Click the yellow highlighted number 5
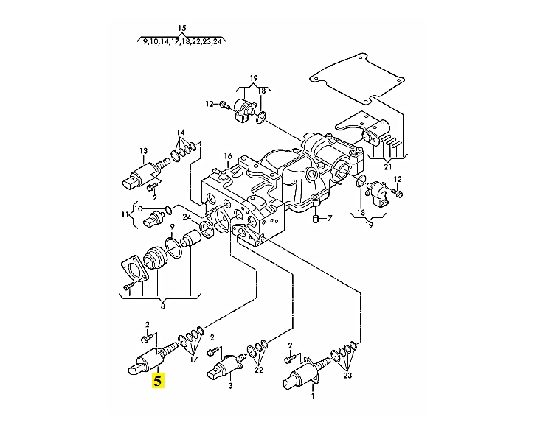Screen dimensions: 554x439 click(158, 381)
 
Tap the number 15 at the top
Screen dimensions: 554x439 click(181, 28)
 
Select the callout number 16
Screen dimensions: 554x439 click(228, 156)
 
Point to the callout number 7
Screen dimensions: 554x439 click(330, 219)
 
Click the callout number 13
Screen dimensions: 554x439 click(143, 151)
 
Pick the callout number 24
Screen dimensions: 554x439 click(187, 217)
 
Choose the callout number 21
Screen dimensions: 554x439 click(388, 167)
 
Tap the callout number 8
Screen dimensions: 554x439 click(162, 306)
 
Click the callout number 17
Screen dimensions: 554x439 click(193, 359)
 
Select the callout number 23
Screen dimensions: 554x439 click(347, 376)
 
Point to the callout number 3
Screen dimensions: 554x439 click(230, 386)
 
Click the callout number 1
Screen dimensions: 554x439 click(313, 397)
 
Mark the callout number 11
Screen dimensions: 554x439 click(125, 214)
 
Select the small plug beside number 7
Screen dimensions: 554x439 click(316, 219)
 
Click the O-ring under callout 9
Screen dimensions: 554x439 click(173, 247)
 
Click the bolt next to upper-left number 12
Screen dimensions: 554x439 click(224, 104)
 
